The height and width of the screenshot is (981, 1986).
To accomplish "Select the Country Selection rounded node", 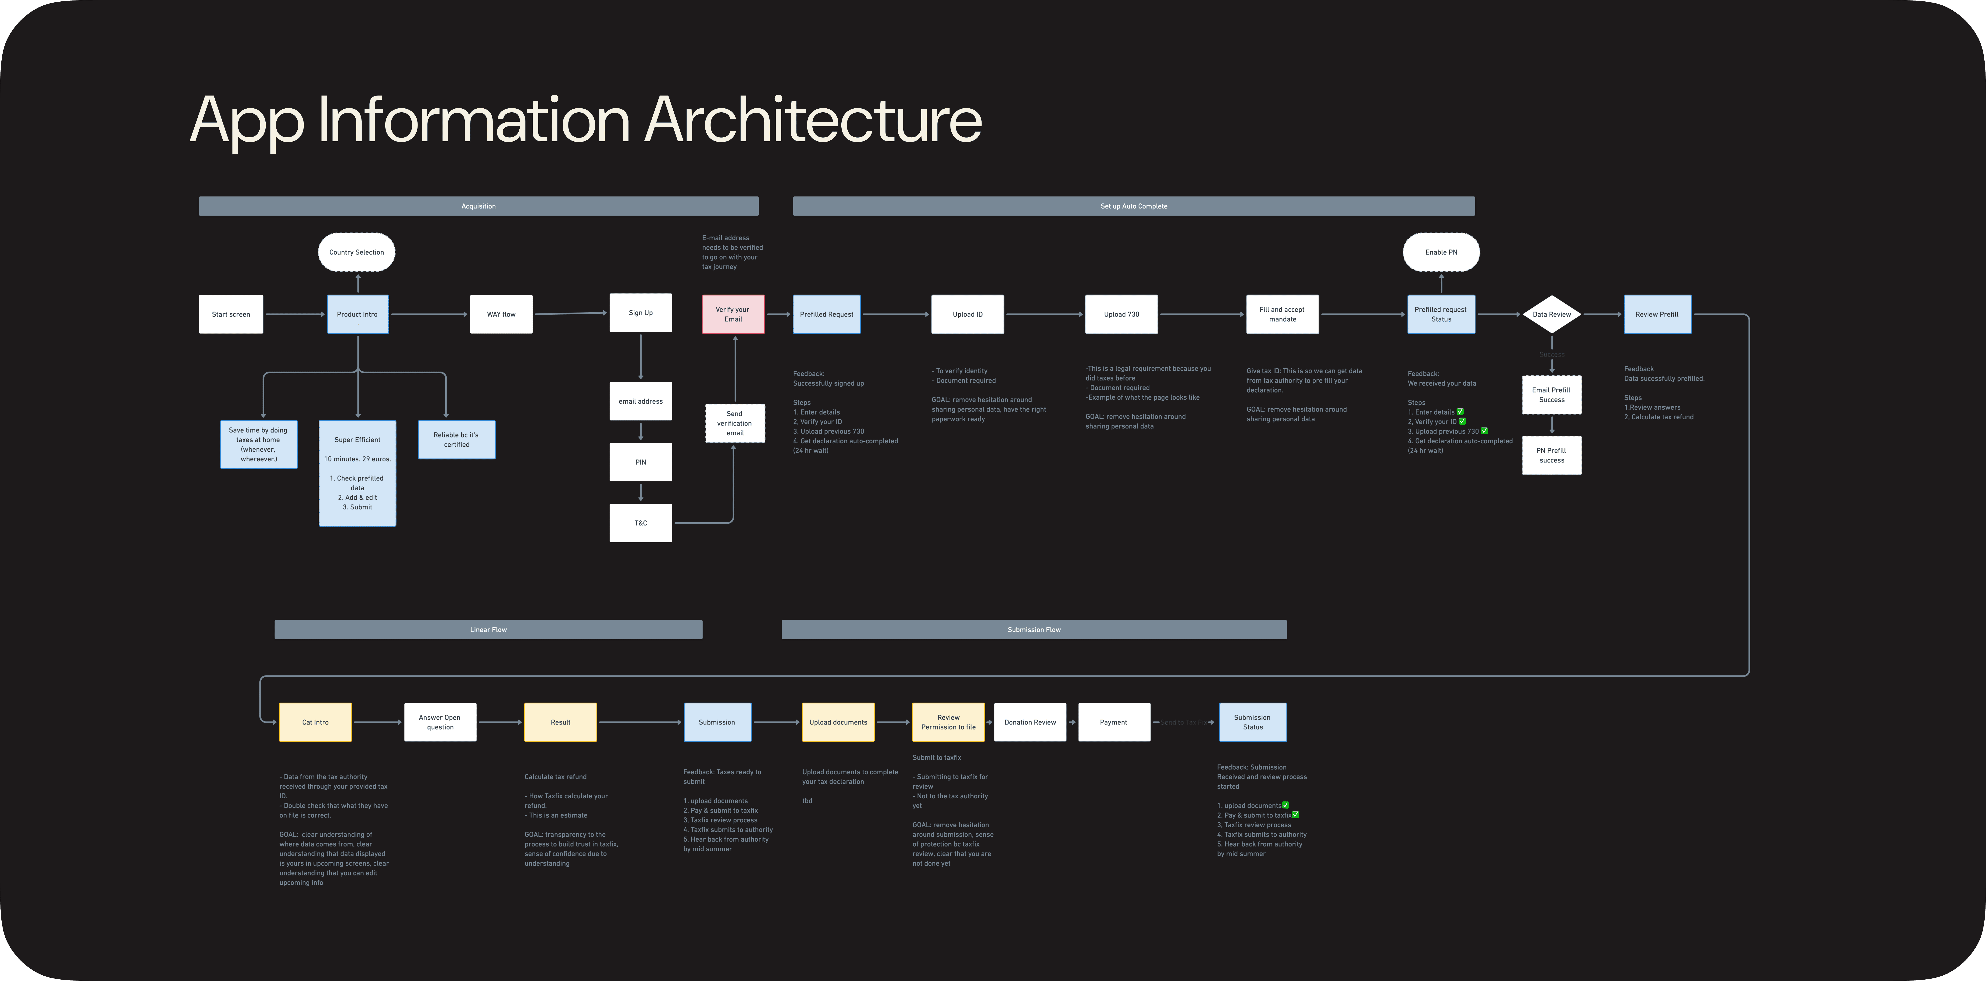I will (356, 252).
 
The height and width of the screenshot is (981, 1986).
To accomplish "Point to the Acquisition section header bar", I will (478, 206).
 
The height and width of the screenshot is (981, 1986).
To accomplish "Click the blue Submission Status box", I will (1252, 722).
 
